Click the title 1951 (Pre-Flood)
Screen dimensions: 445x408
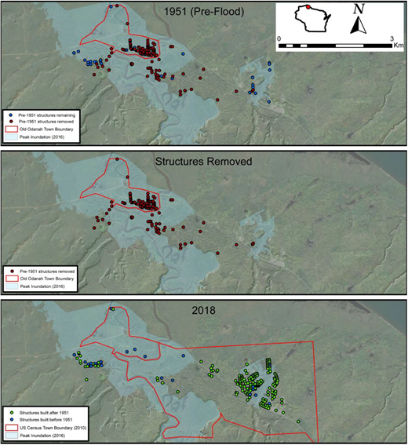tap(203, 13)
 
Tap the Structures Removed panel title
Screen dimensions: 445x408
tap(203, 162)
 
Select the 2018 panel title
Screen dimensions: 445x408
tap(203, 309)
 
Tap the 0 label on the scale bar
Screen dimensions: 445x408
tap(279, 38)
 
